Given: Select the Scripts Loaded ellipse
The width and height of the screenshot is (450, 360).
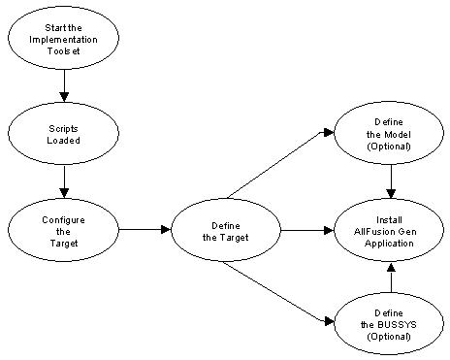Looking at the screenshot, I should click(x=64, y=133).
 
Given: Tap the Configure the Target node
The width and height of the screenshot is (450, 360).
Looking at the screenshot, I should click(x=64, y=231).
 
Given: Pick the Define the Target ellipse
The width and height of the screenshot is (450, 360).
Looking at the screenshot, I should click(x=226, y=231).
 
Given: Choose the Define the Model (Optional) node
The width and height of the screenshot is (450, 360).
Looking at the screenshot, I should click(x=389, y=133).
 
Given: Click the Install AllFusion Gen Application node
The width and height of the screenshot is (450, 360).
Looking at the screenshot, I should click(x=389, y=231).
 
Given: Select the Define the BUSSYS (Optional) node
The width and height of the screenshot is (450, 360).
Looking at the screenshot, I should click(x=389, y=323).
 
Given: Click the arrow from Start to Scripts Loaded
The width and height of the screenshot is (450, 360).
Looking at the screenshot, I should click(x=64, y=88).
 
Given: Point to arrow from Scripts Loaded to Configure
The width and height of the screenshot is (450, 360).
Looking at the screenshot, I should click(x=64, y=180).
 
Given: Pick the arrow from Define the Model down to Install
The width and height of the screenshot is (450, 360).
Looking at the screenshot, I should click(x=389, y=181).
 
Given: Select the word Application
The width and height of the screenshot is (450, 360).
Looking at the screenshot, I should click(x=389, y=243).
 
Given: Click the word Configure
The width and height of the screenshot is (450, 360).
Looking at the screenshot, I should click(x=64, y=219).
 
